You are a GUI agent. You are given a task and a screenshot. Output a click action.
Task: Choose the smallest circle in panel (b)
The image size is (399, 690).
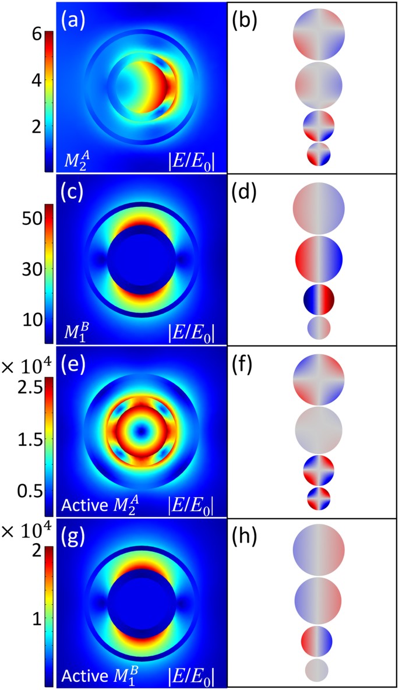(x=319, y=154)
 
